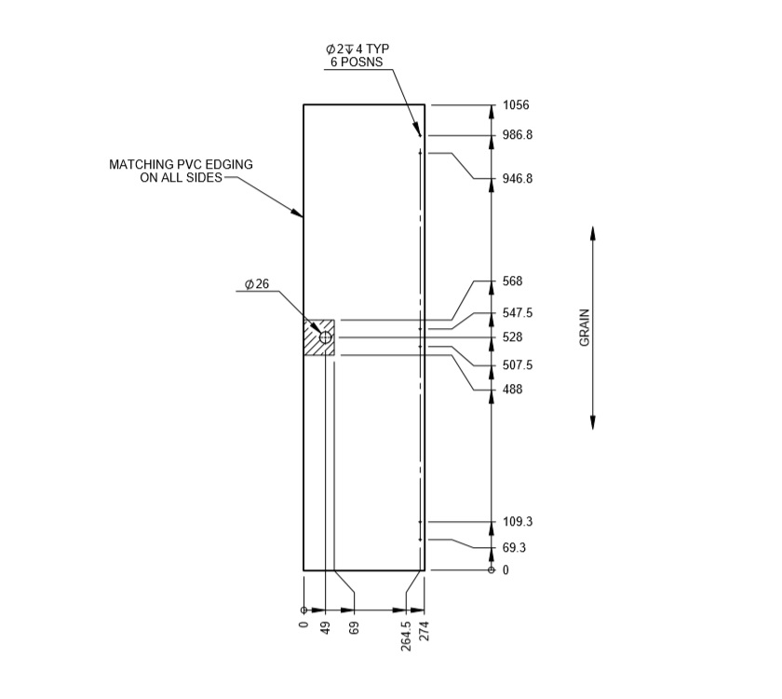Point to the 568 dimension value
point(512,281)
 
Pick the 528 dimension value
point(512,337)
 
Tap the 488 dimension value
point(512,390)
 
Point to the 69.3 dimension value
point(514,548)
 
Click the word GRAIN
point(586,327)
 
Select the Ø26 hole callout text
point(258,283)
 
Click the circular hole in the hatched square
point(326,336)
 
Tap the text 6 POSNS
point(356,62)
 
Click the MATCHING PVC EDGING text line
point(181,164)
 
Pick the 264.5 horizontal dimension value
point(407,636)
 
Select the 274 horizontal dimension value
point(425,631)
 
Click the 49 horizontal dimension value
point(326,628)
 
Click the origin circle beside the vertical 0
point(492,569)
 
